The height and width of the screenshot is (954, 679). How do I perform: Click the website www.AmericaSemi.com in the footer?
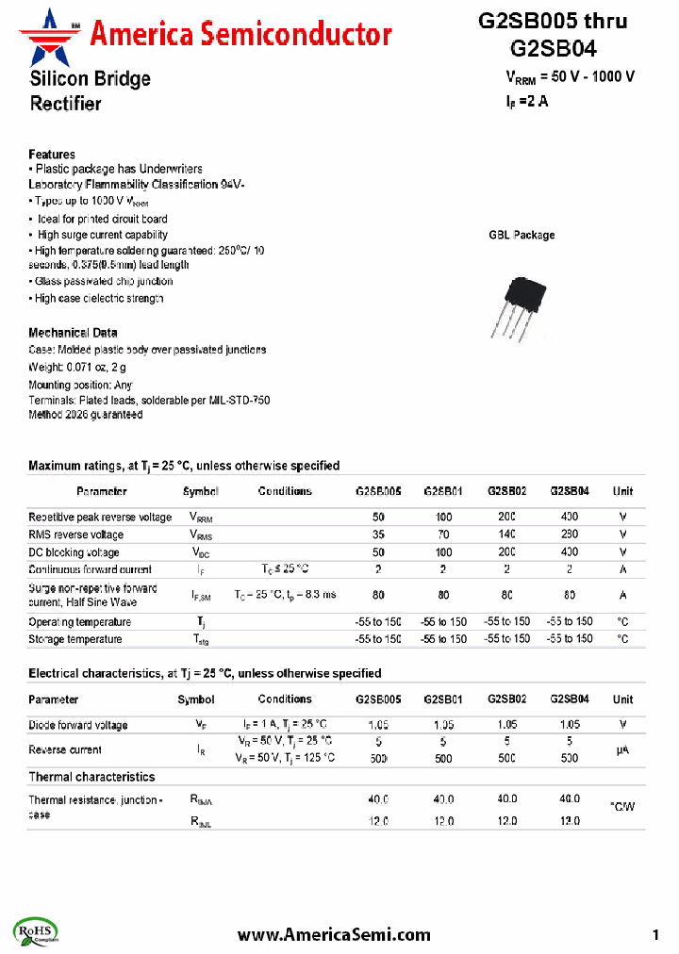tap(334, 934)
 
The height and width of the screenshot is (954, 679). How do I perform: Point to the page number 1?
tap(655, 934)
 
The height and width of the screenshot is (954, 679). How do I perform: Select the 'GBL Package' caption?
tap(522, 235)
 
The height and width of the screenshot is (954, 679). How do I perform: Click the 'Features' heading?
tap(52, 155)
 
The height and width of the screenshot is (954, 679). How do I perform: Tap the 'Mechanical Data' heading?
tap(73, 333)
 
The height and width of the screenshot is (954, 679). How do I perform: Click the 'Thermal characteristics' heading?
tap(91, 777)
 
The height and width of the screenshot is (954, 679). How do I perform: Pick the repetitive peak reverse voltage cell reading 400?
tap(570, 518)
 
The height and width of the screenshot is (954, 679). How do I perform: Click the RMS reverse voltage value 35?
tap(378, 535)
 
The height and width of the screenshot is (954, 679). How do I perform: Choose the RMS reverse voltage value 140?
tap(506, 535)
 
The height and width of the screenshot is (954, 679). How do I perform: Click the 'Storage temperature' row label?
tap(75, 639)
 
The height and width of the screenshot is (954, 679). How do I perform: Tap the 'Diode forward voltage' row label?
tap(78, 725)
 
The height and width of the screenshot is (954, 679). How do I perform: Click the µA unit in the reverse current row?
tap(622, 750)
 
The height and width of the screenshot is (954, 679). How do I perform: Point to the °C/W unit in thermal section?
tap(622, 807)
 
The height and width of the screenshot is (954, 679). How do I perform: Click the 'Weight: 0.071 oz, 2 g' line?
tap(77, 367)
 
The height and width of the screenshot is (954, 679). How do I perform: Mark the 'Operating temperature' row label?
tap(80, 622)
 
